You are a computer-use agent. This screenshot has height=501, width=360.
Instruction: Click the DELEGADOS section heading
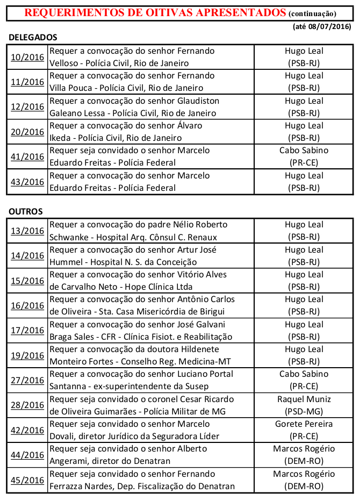(x=33, y=38)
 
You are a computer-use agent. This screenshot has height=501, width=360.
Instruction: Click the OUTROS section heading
(x=26, y=211)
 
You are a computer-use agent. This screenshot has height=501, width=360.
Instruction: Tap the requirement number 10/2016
(x=27, y=57)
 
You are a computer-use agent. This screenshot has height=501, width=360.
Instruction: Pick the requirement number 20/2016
(x=27, y=132)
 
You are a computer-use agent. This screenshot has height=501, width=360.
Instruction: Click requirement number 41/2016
(x=27, y=157)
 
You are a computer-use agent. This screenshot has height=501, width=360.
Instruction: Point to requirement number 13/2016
(x=27, y=231)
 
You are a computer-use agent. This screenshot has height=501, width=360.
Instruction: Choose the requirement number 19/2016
(x=27, y=355)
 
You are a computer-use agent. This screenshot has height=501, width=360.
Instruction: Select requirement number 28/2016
(x=27, y=405)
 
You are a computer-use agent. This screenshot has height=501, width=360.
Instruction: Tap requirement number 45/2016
(x=27, y=480)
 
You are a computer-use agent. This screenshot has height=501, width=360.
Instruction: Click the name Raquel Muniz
(x=304, y=399)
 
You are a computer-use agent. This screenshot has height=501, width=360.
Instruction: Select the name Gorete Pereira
(x=304, y=424)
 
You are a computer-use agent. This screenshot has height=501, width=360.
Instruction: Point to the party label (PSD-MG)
(x=304, y=412)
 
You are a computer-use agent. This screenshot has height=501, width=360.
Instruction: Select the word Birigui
(x=216, y=312)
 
